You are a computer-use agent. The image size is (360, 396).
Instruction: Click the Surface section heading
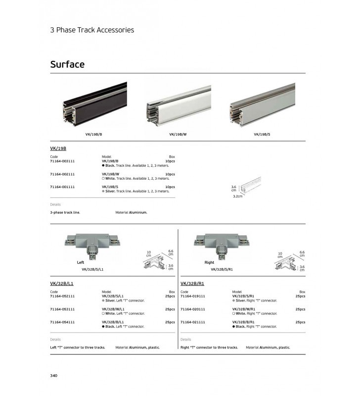click(x=67, y=64)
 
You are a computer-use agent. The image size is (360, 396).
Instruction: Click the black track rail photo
click(x=94, y=104)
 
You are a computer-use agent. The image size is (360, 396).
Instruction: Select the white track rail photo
click(x=178, y=104)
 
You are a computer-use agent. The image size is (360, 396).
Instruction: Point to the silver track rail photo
click(x=262, y=104)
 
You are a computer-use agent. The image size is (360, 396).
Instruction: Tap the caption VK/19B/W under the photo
click(x=178, y=134)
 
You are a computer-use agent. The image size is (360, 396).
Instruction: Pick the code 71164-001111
click(x=62, y=187)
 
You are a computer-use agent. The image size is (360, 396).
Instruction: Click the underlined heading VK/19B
click(x=58, y=148)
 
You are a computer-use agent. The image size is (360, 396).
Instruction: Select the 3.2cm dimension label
click(x=238, y=197)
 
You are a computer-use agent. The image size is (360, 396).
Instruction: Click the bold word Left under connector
click(x=81, y=262)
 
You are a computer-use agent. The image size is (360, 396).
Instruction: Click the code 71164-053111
click(x=62, y=309)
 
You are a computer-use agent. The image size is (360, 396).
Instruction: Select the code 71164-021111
click(x=193, y=322)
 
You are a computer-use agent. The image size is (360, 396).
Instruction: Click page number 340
click(x=54, y=376)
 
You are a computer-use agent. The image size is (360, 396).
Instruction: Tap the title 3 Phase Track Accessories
click(x=92, y=30)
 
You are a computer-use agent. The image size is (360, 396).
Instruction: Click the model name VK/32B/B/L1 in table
click(x=113, y=322)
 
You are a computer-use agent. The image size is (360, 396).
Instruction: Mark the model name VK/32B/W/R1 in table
click(x=244, y=309)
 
